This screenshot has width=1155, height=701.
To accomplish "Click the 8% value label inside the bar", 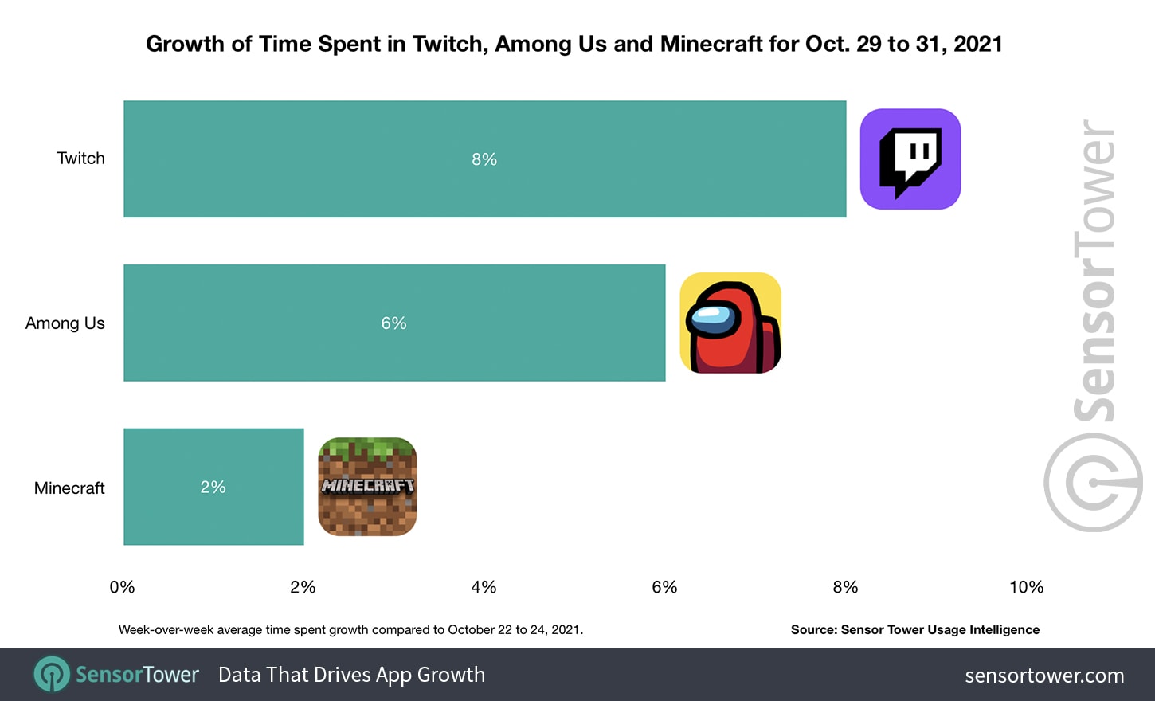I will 484,159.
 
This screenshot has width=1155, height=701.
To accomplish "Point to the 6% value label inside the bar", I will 393,323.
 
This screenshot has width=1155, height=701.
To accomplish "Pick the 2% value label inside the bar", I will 213,488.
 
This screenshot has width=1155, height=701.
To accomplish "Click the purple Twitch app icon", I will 910,159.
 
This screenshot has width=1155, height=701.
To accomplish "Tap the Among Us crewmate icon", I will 730,323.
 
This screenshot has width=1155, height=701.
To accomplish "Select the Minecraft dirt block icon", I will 367,487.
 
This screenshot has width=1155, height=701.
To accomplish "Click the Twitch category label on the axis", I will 80,159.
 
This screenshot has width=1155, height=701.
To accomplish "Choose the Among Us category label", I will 65,323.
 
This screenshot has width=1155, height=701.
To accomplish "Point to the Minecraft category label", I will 69,488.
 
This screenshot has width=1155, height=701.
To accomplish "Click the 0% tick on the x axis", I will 122,587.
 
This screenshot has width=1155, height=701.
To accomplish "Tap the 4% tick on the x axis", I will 484,587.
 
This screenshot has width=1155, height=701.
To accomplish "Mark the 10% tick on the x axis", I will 1026,587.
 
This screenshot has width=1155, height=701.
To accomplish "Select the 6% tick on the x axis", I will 664,587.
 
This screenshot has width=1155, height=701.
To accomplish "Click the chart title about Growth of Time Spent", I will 574,44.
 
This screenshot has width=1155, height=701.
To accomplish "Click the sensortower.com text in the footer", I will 1044,676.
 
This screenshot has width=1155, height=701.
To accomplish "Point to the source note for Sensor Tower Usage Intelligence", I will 914,629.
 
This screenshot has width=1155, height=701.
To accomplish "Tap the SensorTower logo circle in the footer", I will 52,675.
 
